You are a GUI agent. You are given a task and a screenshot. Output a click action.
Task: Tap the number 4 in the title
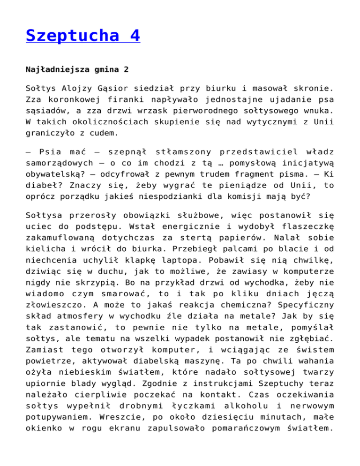pos(134,36)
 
